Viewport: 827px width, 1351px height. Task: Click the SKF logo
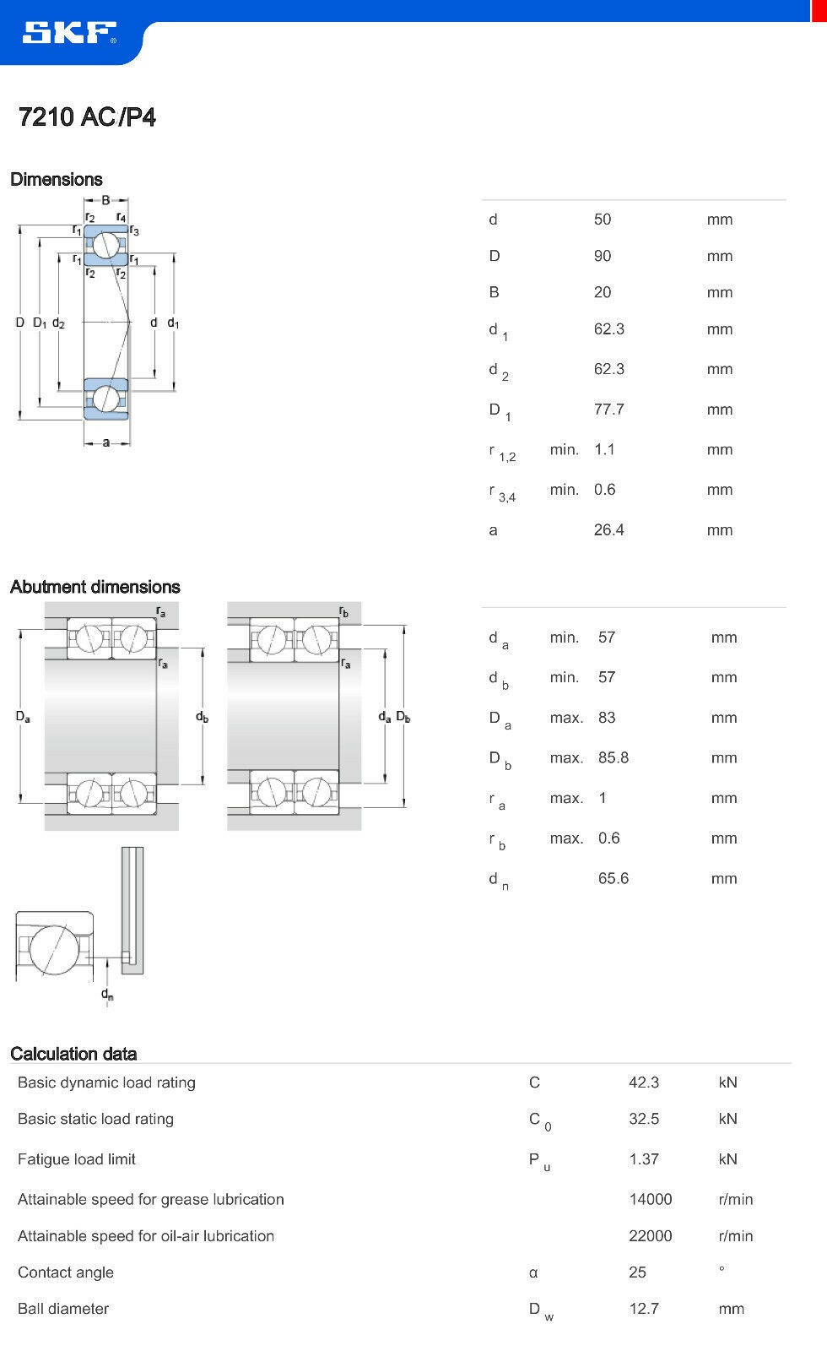[69, 33]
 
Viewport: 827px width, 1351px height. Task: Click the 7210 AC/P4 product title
[87, 117]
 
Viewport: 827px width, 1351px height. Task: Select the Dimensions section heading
[57, 179]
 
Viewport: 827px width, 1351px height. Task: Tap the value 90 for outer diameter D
[603, 256]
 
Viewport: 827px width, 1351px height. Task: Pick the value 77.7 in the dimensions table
[608, 410]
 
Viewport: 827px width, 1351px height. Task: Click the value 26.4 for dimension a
[608, 530]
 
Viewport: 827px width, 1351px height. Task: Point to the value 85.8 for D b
[613, 757]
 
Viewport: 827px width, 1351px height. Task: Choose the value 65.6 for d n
[613, 878]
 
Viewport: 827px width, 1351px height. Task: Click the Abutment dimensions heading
[95, 587]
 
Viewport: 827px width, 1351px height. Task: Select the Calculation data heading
[73, 1054]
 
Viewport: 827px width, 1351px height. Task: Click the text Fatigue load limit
[77, 1159]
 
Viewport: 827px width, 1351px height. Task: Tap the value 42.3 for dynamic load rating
[644, 1082]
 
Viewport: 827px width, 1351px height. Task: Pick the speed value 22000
[650, 1236]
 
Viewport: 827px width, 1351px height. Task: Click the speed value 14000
[650, 1199]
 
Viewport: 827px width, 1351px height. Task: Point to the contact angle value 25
[637, 1272]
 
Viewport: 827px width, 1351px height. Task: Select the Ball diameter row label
[63, 1309]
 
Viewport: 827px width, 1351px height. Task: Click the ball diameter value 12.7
[644, 1309]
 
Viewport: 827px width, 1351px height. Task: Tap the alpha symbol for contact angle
[533, 1273]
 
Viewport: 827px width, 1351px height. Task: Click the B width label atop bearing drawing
[105, 200]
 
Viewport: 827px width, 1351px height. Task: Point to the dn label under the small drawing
[107, 994]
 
